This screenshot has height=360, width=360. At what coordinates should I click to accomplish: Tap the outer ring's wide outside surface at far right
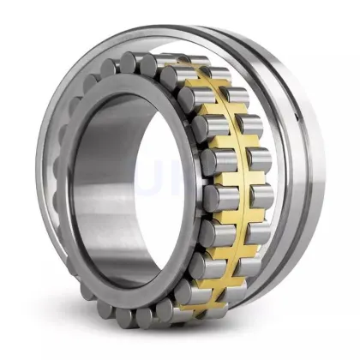pos(321,180)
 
